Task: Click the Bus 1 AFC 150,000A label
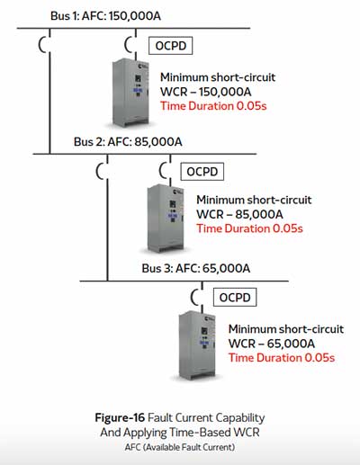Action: pos(105,16)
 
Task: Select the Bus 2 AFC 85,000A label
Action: pos(128,141)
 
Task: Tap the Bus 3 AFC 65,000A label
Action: pos(196,268)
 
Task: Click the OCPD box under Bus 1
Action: pos(171,46)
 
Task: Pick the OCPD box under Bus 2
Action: pos(202,172)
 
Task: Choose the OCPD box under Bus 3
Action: pos(235,297)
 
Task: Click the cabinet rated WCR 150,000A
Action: pos(130,93)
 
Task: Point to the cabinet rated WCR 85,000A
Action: pos(166,219)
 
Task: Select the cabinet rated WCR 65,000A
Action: pos(197,345)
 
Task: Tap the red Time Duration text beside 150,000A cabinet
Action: pos(213,106)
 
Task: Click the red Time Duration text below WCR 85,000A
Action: pos(249,228)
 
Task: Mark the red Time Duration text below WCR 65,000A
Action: pos(282,358)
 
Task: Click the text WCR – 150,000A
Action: pos(205,92)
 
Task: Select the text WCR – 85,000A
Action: pos(239,214)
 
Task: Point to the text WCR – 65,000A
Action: pos(272,344)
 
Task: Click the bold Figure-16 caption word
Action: pos(120,417)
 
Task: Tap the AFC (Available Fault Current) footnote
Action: pos(180,447)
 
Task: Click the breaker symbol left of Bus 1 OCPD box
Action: pos(128,45)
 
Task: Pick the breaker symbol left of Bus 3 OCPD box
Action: pos(194,297)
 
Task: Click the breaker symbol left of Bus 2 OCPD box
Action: pos(163,171)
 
